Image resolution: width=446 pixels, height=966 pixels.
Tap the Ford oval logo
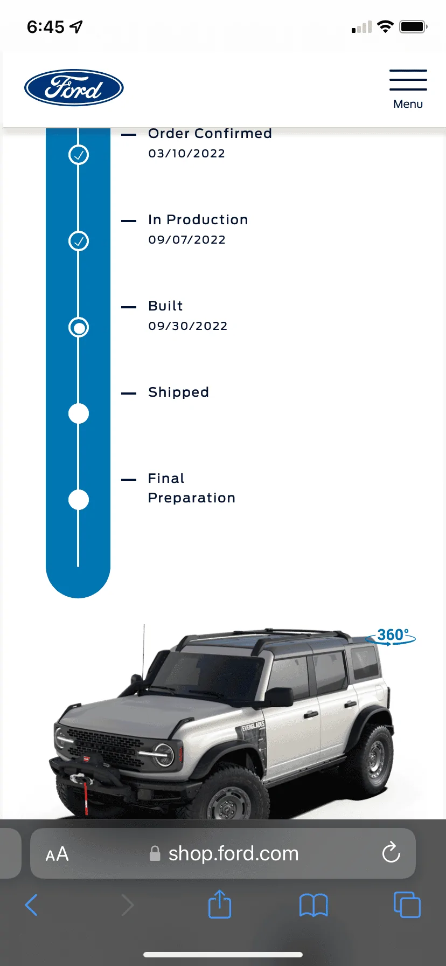click(x=74, y=88)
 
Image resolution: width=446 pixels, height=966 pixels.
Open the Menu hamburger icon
click(x=408, y=80)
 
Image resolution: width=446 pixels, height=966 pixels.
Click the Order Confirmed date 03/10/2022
click(x=187, y=154)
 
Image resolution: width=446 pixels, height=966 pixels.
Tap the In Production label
click(x=198, y=220)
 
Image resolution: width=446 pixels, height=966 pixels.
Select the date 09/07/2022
click(x=187, y=240)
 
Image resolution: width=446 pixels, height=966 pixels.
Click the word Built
click(x=165, y=306)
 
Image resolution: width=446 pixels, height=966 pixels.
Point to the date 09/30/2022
click(x=188, y=326)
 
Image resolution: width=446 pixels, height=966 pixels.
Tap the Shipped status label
click(x=178, y=392)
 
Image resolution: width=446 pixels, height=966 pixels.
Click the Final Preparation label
click(x=192, y=488)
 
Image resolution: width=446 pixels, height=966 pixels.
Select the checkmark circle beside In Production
click(x=79, y=241)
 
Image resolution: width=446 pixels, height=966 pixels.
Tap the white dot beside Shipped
click(x=79, y=413)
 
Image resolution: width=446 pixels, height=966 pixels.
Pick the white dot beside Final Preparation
click(x=79, y=500)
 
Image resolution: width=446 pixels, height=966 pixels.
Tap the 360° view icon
click(x=392, y=636)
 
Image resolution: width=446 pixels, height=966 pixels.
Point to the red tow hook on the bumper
click(x=85, y=797)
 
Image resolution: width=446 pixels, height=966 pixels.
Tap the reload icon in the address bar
click(x=391, y=853)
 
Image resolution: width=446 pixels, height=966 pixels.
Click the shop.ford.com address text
click(x=233, y=853)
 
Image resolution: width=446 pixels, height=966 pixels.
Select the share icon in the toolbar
click(x=220, y=904)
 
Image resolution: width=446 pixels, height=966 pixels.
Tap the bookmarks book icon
click(x=313, y=905)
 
